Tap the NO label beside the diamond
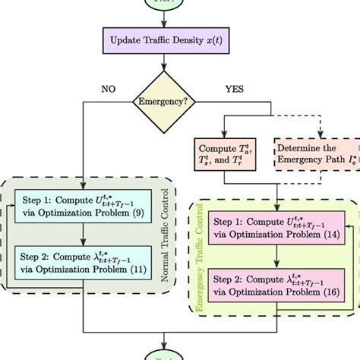click(109, 88)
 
